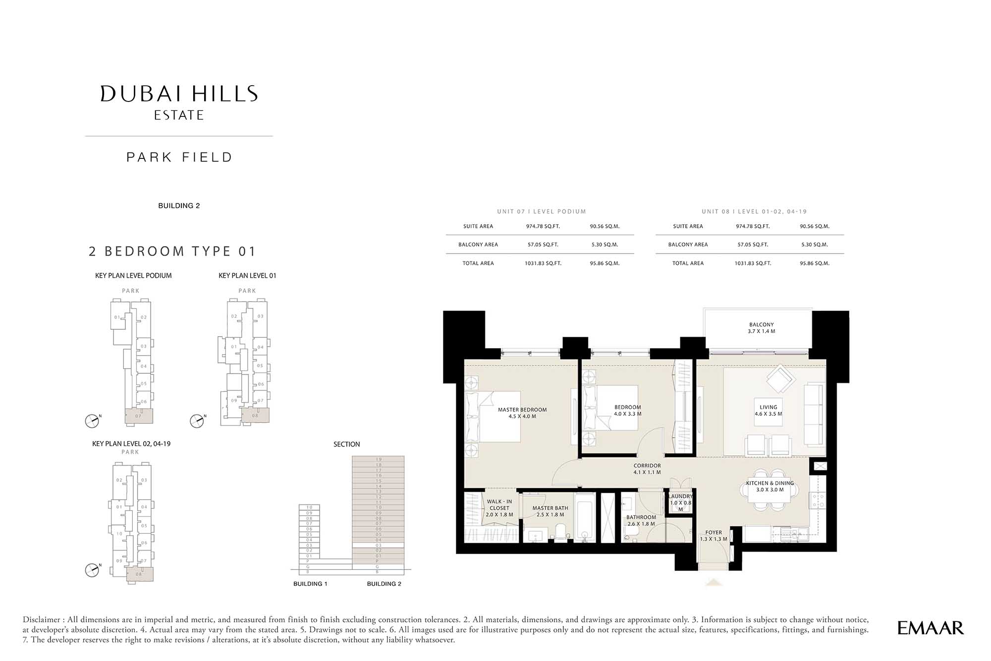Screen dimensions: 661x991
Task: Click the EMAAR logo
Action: tap(930, 628)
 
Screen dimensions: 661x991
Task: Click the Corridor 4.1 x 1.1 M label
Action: tap(647, 469)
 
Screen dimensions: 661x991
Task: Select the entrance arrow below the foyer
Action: tap(713, 583)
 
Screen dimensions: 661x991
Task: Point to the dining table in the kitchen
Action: tap(770, 500)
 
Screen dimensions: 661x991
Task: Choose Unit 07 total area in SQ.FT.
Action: tap(543, 263)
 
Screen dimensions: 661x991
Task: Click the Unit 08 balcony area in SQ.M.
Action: tap(814, 245)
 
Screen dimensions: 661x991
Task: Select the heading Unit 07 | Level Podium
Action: tap(541, 211)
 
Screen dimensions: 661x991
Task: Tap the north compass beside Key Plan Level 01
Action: tap(197, 421)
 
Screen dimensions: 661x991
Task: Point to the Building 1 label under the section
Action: tap(310, 584)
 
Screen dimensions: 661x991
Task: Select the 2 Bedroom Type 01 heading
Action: tap(172, 252)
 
